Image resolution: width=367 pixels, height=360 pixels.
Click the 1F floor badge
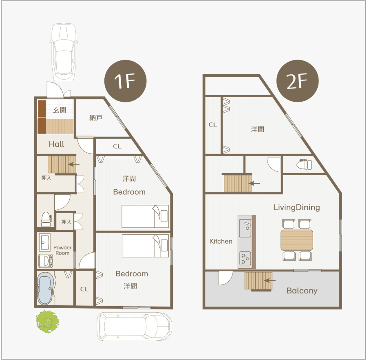[x=126, y=81]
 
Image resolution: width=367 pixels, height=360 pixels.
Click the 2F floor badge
[x=298, y=81]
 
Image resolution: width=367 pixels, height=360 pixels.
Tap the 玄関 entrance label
[x=60, y=110]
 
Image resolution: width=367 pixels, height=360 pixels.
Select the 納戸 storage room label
[x=96, y=118]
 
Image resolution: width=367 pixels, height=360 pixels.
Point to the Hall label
[x=56, y=144]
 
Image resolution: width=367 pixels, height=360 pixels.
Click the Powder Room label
[x=62, y=250]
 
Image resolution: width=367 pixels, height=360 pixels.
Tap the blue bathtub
[x=45, y=288]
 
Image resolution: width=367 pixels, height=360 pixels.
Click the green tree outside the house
[x=47, y=322]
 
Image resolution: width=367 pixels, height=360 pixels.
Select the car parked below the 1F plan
[x=135, y=327]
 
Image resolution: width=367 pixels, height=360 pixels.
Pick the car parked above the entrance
[x=64, y=52]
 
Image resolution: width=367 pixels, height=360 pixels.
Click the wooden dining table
[x=297, y=240]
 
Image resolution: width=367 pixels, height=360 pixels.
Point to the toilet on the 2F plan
[x=304, y=164]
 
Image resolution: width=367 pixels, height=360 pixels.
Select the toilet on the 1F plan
[x=46, y=219]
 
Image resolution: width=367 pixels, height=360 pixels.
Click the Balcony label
[x=302, y=291]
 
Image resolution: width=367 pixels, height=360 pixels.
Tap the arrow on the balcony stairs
[x=270, y=280]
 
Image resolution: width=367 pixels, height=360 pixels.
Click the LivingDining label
[x=296, y=207]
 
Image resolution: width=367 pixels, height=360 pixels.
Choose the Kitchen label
[x=221, y=241]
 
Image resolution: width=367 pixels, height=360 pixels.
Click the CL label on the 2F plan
[x=213, y=125]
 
